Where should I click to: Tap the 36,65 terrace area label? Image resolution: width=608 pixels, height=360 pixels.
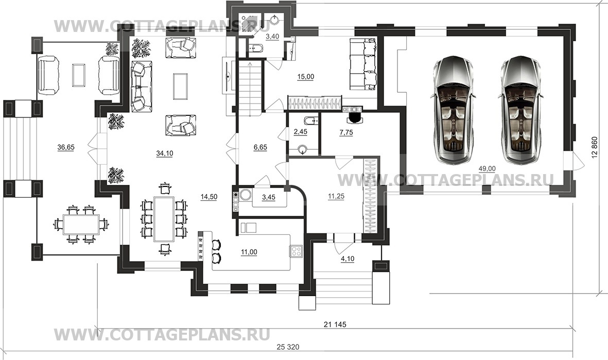pyautogui.click(x=66, y=147)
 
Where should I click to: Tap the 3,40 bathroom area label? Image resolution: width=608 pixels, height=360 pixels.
pyautogui.click(x=272, y=37)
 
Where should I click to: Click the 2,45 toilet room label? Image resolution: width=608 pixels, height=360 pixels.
pyautogui.click(x=300, y=132)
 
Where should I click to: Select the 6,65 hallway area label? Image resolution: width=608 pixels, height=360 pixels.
pyautogui.click(x=261, y=147)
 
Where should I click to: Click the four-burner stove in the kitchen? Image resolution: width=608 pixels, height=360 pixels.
pyautogui.click(x=297, y=251)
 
